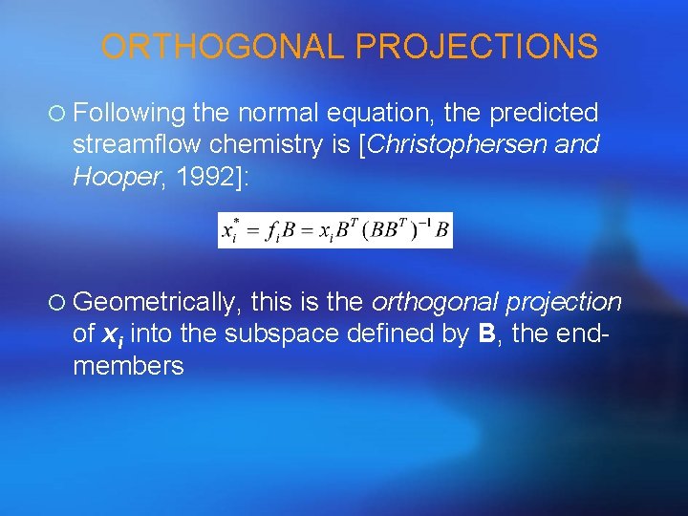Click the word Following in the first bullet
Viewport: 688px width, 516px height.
point(129,114)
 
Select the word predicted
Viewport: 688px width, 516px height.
point(544,114)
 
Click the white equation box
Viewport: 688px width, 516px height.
point(335,229)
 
